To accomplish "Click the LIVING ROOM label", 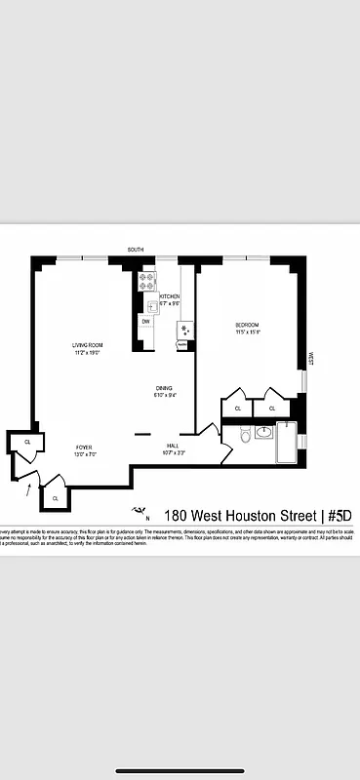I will point(87,345).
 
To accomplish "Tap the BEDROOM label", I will point(248,325).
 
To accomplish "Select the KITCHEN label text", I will point(170,296).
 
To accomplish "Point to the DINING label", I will point(164,388).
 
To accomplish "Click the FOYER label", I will point(84,447).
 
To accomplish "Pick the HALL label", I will point(175,446).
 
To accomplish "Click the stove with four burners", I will point(148,282).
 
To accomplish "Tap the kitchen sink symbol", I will point(152,306).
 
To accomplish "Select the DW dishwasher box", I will point(145,322).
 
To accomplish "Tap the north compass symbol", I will point(140,511).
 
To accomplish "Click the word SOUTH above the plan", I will point(135,251).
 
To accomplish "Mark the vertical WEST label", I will point(311,358).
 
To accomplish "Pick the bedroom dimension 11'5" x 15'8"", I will point(248,332).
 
